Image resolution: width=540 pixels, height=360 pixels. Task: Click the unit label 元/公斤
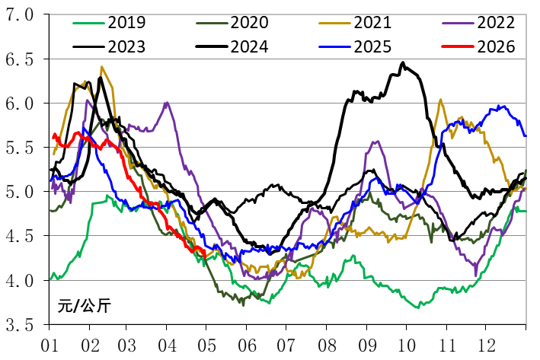[84, 307]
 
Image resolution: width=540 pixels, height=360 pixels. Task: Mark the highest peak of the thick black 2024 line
[403, 63]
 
